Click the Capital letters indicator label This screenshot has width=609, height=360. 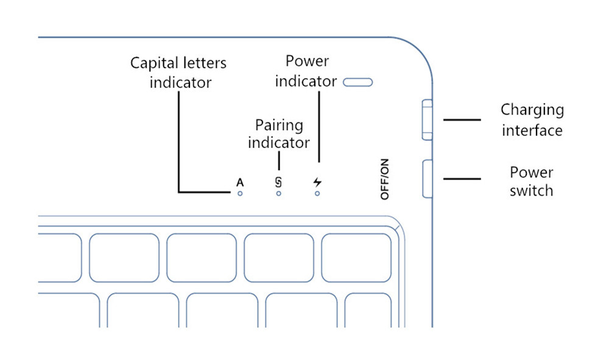click(179, 72)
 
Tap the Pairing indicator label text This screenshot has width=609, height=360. click(278, 134)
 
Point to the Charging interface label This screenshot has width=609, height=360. click(532, 119)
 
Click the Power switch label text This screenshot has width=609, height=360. click(532, 181)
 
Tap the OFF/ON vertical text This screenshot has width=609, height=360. click(384, 180)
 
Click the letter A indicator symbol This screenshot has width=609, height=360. click(240, 182)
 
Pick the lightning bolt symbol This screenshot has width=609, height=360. click(317, 182)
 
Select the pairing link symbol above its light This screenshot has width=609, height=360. click(278, 182)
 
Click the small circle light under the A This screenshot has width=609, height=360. click(240, 194)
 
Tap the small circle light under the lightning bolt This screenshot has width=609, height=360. click(317, 194)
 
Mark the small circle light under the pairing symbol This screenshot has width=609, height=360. click(278, 194)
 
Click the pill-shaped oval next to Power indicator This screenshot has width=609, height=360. click(357, 82)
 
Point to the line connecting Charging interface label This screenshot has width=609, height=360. click(462, 119)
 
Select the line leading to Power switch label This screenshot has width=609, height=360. click(462, 179)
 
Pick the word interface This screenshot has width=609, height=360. click(532, 130)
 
